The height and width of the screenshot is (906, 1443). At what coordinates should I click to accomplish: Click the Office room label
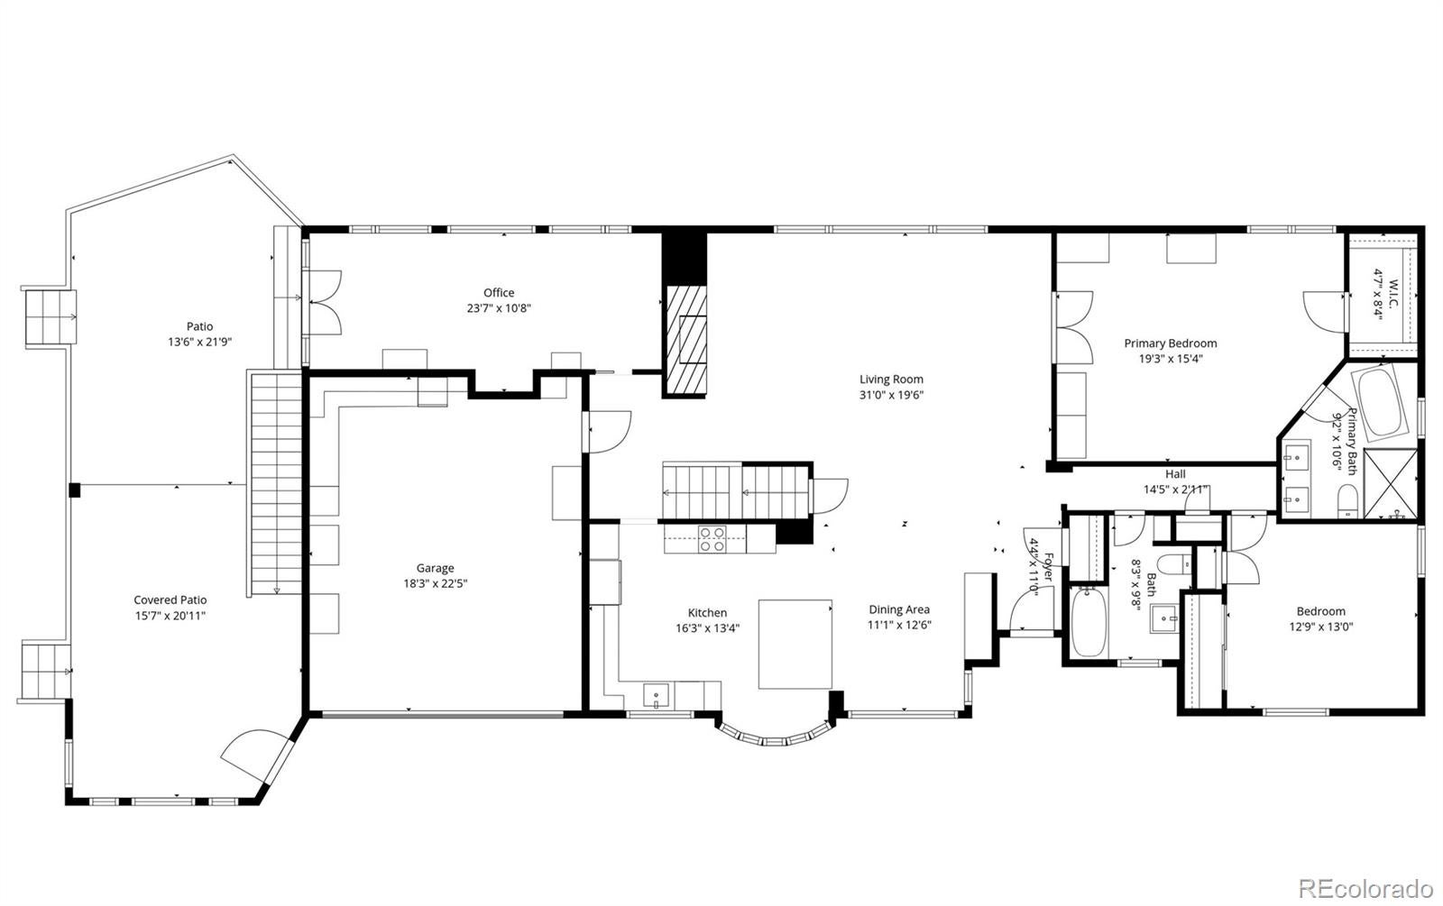click(499, 293)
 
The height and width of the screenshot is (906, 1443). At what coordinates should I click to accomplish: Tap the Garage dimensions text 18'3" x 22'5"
click(435, 584)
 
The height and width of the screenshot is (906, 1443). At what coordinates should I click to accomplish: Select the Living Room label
click(891, 380)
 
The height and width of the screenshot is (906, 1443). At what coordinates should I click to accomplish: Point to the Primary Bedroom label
click(1171, 343)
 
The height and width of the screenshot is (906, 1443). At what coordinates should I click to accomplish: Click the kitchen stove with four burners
click(712, 539)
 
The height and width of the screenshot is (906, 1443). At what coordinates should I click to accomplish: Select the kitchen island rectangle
click(795, 644)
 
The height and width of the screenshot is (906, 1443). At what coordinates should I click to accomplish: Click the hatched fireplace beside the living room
click(686, 339)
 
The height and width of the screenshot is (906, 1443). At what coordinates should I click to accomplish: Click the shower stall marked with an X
click(1391, 484)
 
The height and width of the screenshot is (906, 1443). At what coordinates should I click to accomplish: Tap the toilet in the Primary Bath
click(1347, 501)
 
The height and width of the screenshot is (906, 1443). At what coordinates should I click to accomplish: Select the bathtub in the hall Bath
click(1088, 622)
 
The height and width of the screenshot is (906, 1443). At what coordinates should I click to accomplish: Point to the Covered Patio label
click(170, 600)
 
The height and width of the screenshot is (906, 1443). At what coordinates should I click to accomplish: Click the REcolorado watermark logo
click(1365, 889)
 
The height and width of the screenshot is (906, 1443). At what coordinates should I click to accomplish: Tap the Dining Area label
click(898, 609)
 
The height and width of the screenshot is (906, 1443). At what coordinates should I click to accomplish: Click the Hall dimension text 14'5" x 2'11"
click(1176, 490)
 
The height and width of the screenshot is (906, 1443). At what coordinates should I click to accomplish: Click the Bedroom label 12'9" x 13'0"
click(1320, 627)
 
